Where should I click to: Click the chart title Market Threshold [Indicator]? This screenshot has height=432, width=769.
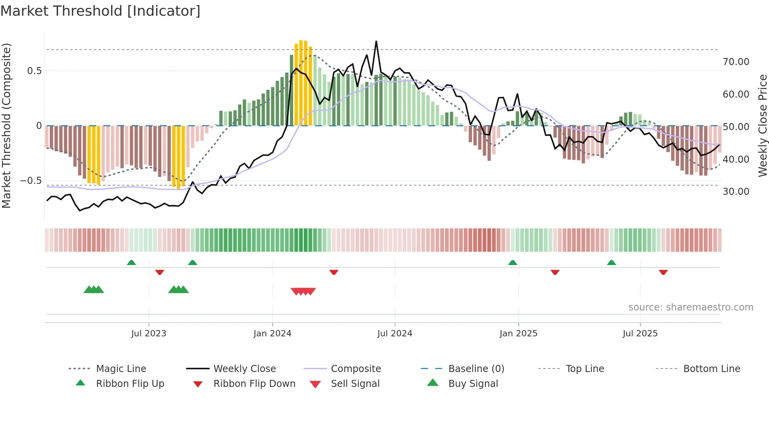(100, 11)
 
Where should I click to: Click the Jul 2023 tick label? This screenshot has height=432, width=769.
(149, 334)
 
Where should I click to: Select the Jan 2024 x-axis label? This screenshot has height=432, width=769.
(272, 334)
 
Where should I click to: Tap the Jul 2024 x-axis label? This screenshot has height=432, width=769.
(395, 334)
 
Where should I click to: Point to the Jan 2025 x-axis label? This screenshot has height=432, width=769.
(518, 334)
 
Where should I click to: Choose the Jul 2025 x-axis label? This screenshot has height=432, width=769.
(640, 334)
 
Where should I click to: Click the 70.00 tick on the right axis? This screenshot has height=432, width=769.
(736, 62)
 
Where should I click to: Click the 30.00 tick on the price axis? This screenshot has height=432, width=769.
(736, 192)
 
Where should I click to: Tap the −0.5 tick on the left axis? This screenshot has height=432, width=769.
(31, 181)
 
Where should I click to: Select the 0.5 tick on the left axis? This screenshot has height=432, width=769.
(34, 71)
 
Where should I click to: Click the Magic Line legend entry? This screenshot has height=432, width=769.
(121, 369)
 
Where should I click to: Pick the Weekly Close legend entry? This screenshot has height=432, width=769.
(244, 369)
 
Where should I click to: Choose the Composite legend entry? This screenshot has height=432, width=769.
(355, 369)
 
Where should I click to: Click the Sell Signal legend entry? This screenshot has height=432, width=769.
(355, 384)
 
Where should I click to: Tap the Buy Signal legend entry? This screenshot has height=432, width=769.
(473, 384)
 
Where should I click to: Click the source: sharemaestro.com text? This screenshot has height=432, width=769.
(691, 307)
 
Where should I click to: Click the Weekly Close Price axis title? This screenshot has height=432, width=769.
(762, 125)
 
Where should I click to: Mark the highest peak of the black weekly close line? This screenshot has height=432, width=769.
(376, 41)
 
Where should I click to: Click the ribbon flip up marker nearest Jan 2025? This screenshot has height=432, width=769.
(512, 263)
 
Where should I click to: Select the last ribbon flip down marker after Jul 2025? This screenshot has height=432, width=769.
(663, 272)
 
